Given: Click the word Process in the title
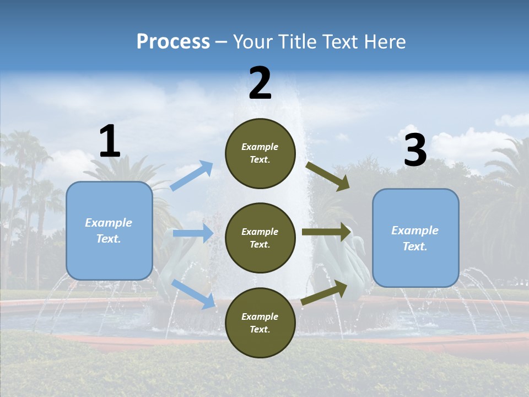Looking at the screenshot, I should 173,42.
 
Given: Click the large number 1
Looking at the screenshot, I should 110,142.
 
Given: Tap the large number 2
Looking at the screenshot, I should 260,84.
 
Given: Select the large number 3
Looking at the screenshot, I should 415,151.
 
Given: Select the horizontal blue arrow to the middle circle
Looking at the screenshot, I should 192,233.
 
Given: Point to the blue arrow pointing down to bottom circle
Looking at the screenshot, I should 193,293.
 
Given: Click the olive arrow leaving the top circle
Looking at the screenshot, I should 327,176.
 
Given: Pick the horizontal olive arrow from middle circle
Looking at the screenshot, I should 326,232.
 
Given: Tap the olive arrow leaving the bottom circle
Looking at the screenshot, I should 325,293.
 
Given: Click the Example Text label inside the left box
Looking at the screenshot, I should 109,230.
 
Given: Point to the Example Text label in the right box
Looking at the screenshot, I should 415,238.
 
